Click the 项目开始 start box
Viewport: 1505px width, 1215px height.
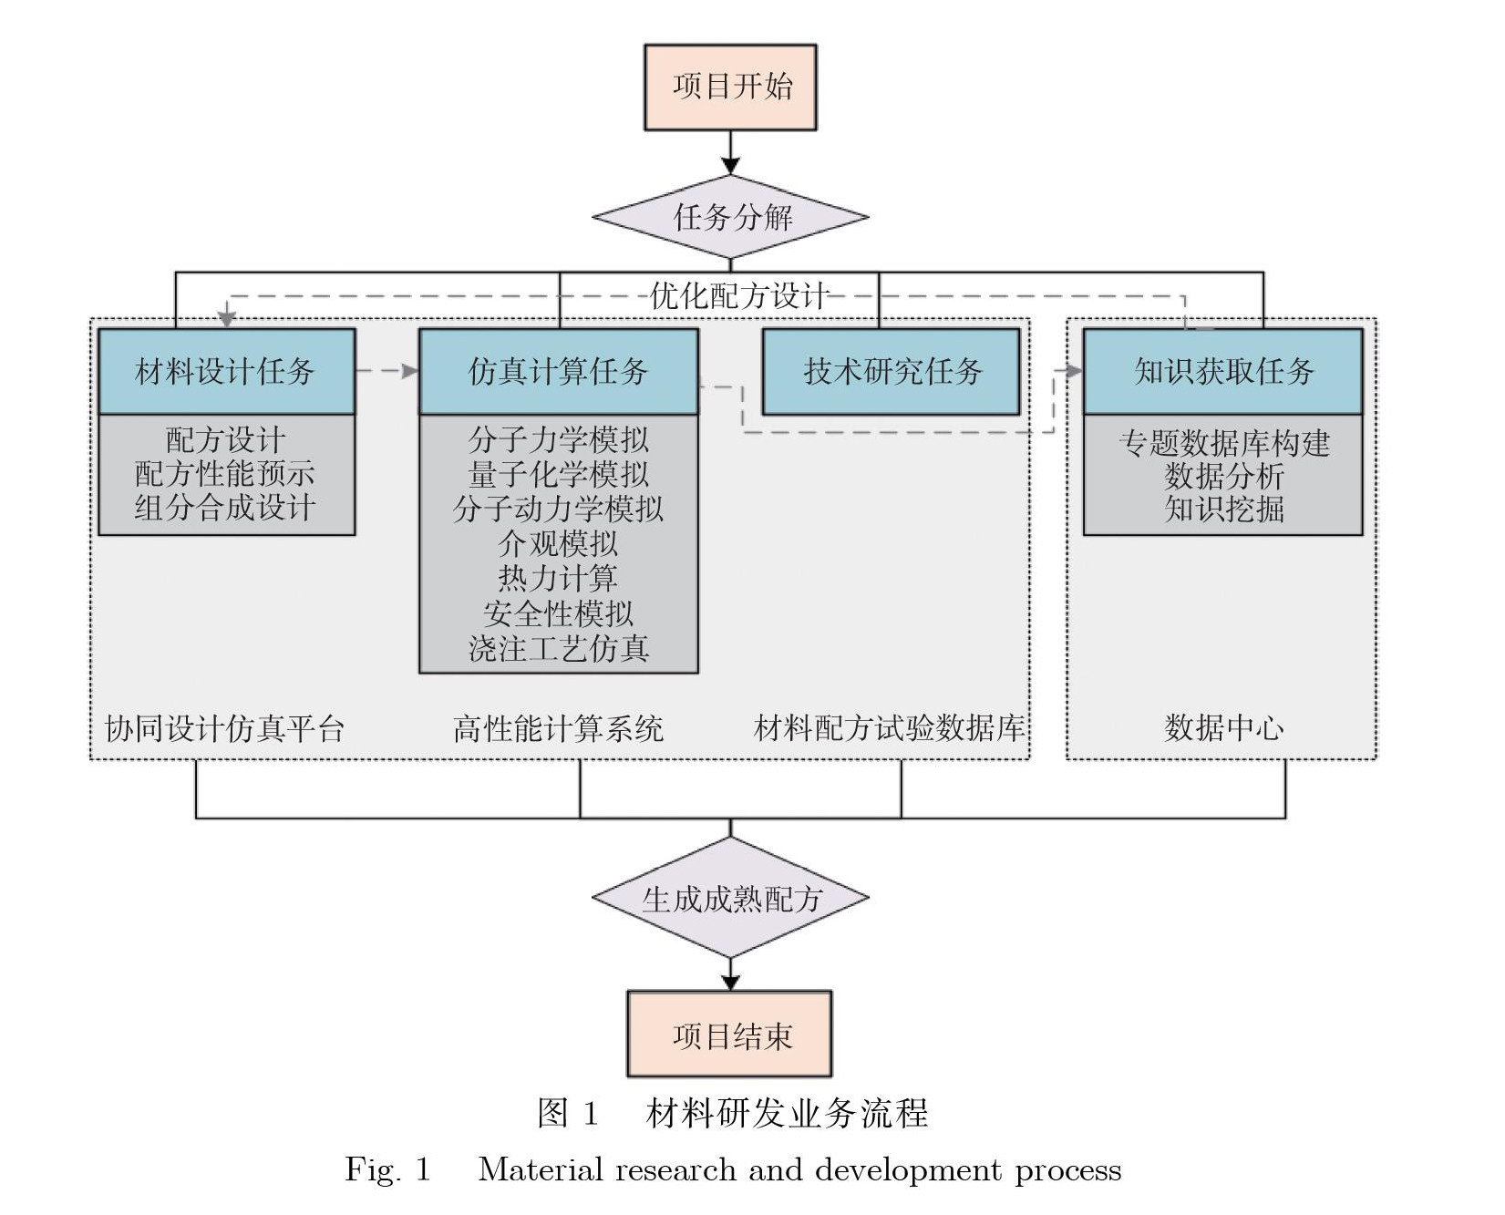point(730,88)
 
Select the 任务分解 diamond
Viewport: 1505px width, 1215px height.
point(730,217)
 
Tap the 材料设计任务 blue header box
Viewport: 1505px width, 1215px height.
point(226,372)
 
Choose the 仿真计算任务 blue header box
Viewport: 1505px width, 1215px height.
point(558,372)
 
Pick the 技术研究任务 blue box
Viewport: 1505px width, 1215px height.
point(891,372)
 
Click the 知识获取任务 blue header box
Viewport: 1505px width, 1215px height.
point(1222,372)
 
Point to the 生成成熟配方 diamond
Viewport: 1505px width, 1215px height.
point(730,899)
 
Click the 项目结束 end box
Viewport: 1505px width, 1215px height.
point(729,1035)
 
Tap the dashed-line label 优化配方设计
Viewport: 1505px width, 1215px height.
point(738,296)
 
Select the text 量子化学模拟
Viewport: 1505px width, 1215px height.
point(558,475)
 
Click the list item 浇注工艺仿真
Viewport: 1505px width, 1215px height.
point(558,649)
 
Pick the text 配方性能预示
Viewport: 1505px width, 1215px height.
point(225,474)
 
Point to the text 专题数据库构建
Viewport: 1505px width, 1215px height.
point(1223,443)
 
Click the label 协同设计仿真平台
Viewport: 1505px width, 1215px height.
point(225,728)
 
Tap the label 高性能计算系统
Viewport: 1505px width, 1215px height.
point(558,728)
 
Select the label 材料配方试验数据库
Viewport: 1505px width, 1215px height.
point(889,728)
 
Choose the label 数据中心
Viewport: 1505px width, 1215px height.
point(1223,728)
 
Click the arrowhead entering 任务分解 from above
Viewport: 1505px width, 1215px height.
point(730,165)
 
